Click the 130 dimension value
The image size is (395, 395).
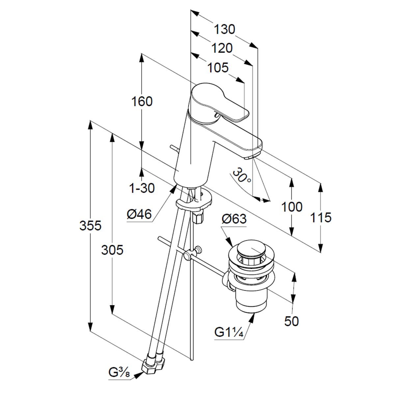[225, 30]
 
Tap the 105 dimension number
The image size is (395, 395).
[218, 68]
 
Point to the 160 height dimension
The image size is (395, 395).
[142, 101]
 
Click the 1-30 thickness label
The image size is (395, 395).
[142, 188]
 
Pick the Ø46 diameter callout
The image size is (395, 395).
[139, 215]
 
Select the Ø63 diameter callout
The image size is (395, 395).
[234, 219]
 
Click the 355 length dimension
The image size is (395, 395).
[91, 226]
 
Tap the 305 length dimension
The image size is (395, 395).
[112, 250]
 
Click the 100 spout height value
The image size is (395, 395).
[292, 207]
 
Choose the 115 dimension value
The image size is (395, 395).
[321, 218]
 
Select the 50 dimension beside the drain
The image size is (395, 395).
[292, 321]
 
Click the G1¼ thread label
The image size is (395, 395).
[229, 332]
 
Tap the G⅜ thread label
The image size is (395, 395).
[119, 373]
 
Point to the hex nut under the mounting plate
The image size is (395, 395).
[198, 218]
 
